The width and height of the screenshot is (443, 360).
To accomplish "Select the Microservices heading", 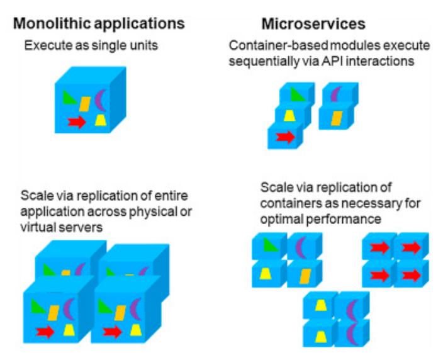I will pos(313,24).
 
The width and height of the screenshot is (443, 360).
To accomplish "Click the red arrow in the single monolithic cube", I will pos(77,122).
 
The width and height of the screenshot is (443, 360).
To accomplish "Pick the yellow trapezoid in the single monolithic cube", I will pos(100,120).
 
